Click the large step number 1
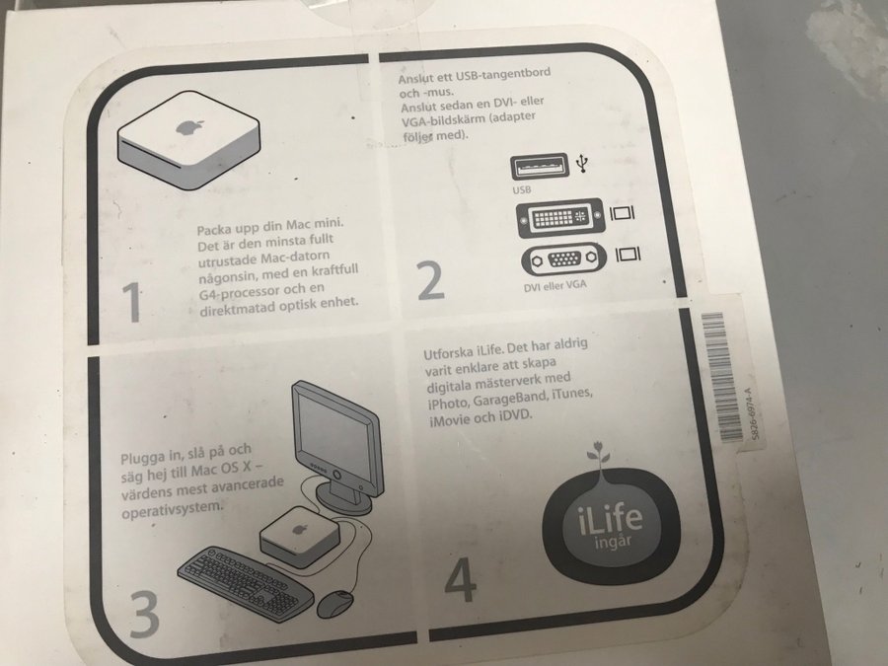pyautogui.click(x=132, y=302)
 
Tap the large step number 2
pyautogui.click(x=431, y=280)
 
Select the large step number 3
pyautogui.click(x=144, y=614)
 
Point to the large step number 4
pyautogui.click(x=460, y=579)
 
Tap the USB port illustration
pyautogui.click(x=540, y=167)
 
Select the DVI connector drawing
pyautogui.click(x=560, y=217)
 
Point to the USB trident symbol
pyautogui.click(x=582, y=163)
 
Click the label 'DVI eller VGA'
pyautogui.click(x=555, y=286)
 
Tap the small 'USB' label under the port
pyautogui.click(x=522, y=189)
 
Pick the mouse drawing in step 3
pyautogui.click(x=334, y=604)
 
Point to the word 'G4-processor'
pyautogui.click(x=239, y=293)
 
